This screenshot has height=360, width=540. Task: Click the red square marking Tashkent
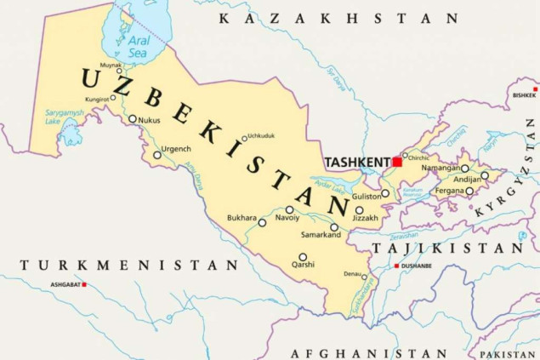coord(397,162)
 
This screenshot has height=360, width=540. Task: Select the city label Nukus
coord(149,121)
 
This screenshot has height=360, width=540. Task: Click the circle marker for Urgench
coord(157,155)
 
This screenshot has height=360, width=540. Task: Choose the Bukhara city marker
coord(262,223)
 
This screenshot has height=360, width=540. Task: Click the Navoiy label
coord(287,219)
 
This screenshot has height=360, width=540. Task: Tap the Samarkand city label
coord(321,236)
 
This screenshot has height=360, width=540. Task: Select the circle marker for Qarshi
coord(303,257)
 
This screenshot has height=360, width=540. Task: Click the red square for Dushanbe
coord(396,266)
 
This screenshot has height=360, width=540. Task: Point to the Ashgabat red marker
coord(84,284)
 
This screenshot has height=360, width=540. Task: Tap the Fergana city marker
coord(469,191)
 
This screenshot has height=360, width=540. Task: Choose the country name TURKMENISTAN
coord(129,266)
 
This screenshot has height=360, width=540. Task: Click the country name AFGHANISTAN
coord(368,352)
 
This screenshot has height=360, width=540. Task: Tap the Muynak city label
coord(111,64)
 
